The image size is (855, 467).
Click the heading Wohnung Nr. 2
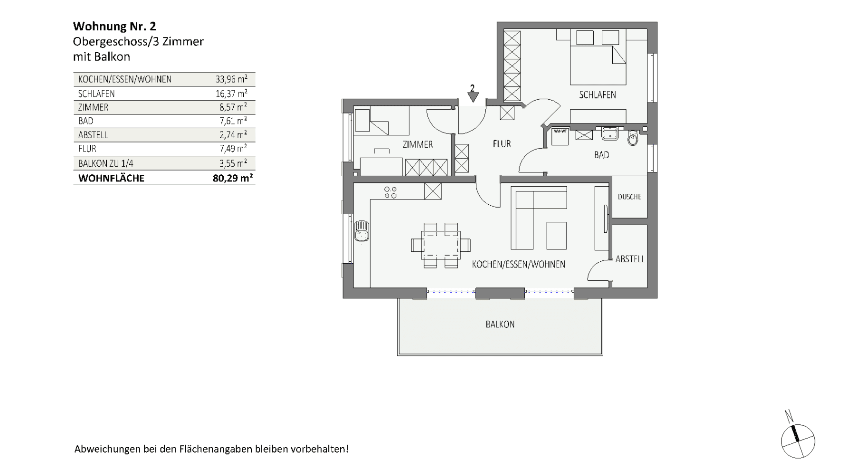[x=114, y=26]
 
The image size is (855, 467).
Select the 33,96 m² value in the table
[x=231, y=79]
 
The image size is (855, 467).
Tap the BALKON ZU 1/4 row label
[x=105, y=163]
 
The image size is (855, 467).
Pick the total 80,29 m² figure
[x=233, y=178]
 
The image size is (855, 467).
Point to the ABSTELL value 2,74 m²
[x=233, y=135]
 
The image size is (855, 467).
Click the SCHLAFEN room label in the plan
[x=597, y=95]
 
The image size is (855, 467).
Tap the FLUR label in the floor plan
[x=502, y=143]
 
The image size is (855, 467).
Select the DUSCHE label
[x=629, y=197]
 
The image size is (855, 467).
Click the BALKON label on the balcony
[x=500, y=324]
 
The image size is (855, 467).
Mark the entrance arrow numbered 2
[x=472, y=95]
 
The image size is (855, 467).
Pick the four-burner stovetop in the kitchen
[x=390, y=192]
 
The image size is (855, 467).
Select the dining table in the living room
[x=441, y=245]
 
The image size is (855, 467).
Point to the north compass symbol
[x=798, y=440]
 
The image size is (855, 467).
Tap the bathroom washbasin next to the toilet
[x=610, y=133]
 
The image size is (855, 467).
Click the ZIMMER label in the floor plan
[x=418, y=144]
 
